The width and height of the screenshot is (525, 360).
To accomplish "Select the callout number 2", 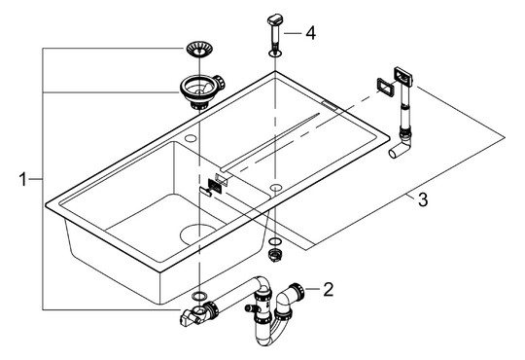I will click(328, 288).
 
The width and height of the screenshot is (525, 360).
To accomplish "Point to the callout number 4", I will click(309, 33).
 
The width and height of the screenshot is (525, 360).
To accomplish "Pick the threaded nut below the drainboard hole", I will click(274, 253).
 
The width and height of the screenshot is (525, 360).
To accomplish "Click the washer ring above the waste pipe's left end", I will click(197, 293).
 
